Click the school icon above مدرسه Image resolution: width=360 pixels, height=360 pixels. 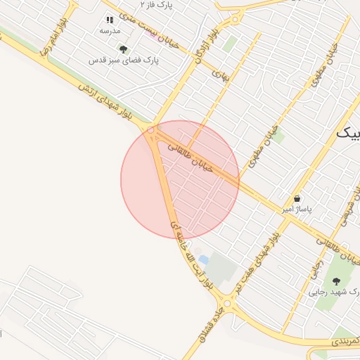point(109,20)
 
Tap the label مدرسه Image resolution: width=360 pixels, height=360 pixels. point(110,32)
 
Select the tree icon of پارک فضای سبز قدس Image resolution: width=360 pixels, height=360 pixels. point(124,49)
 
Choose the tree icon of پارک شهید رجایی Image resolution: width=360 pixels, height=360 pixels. point(335,281)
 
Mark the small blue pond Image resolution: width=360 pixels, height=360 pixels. point(203,260)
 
